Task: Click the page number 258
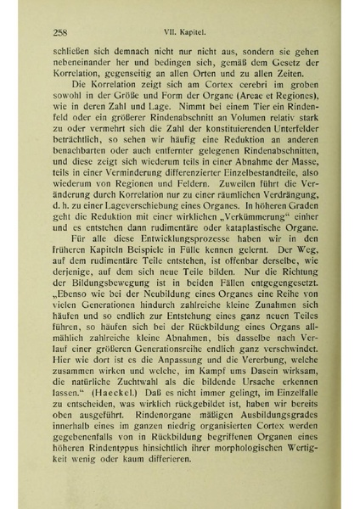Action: point(59,34)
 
